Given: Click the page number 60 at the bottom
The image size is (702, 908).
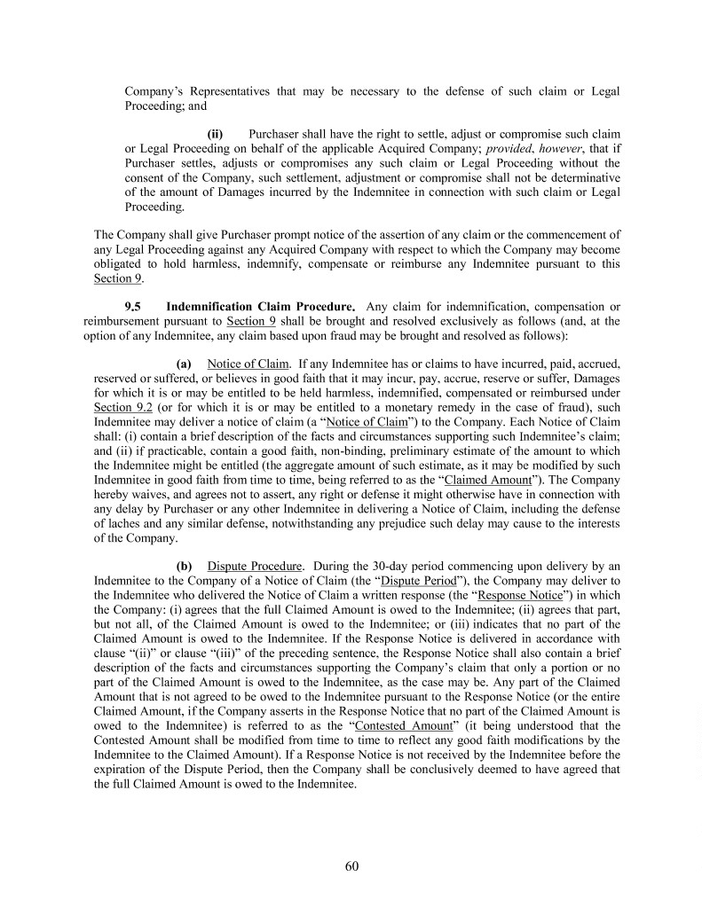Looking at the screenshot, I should point(351,866).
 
